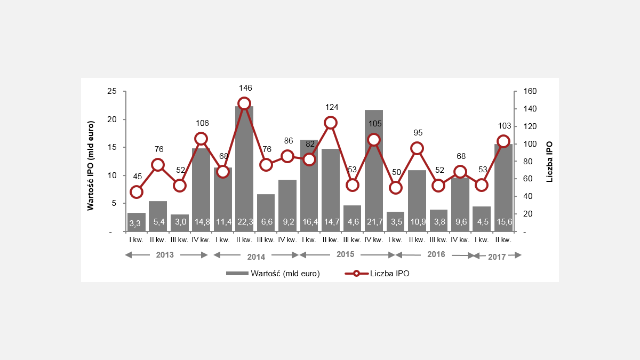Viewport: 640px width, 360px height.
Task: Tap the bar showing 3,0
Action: [x=180, y=223]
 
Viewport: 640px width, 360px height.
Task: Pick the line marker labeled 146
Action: [x=244, y=103]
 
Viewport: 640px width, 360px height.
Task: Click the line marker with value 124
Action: [x=331, y=123]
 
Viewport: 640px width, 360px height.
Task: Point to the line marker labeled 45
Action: [x=137, y=192]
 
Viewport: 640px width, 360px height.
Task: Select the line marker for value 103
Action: [x=503, y=141]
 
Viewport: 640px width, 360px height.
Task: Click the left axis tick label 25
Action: [x=112, y=91]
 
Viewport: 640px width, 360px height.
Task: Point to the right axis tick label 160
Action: [x=527, y=91]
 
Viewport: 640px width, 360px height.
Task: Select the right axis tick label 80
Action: [x=526, y=162]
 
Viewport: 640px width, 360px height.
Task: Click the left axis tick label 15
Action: [x=112, y=148]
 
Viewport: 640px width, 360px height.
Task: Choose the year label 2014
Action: [x=256, y=257]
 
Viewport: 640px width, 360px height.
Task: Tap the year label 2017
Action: [x=497, y=257]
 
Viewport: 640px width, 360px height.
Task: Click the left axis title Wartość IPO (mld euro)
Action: [x=91, y=162]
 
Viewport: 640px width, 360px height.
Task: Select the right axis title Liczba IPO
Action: [x=549, y=162]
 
